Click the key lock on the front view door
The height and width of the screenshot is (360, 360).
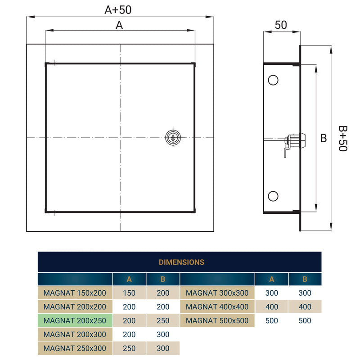coord(171,137)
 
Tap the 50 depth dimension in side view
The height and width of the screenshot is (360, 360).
coord(281,25)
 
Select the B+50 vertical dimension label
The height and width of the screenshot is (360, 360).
coord(343,138)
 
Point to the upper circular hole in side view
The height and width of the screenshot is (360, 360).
coord(273,80)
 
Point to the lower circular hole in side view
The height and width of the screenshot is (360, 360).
coord(273,196)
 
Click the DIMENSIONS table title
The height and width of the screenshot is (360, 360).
coord(181,262)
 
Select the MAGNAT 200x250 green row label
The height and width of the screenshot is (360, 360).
coord(75,321)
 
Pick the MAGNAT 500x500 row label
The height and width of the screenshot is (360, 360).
coord(217,321)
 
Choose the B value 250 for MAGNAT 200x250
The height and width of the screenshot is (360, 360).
coord(163,321)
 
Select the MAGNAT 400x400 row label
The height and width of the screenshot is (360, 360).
coord(217,307)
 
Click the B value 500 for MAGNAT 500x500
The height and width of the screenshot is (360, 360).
coord(305,321)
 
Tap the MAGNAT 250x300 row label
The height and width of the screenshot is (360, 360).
coord(75,348)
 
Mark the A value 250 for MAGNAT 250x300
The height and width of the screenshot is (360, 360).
coord(129,348)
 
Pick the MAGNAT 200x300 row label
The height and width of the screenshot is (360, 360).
coord(75,334)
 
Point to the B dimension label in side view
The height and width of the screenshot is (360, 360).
coord(324,139)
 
